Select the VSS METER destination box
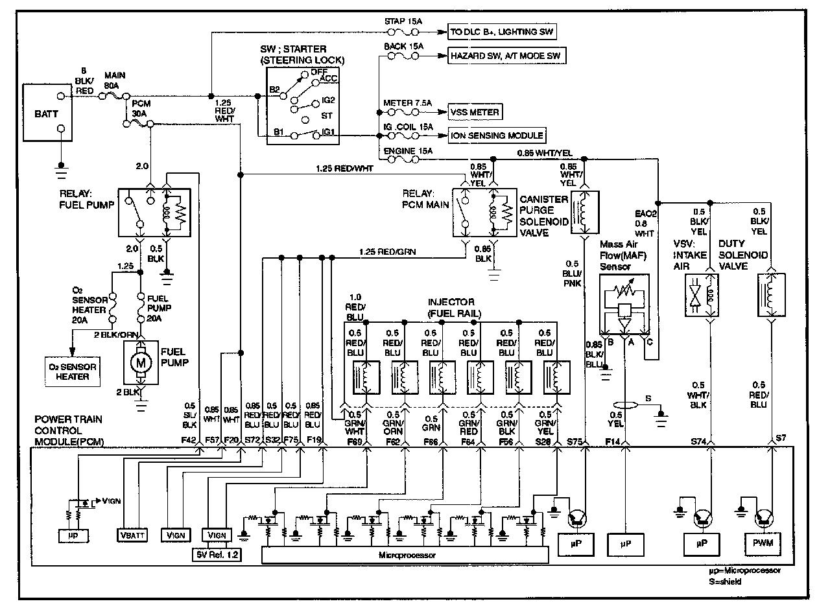pos(475,112)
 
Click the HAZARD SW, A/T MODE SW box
pos(504,56)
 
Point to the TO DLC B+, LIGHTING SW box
pos(503,30)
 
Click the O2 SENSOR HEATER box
pos(72,371)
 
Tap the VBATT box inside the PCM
pos(134,535)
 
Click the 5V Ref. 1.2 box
pos(216,555)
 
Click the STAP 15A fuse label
pos(403,21)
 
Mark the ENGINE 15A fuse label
pos(407,150)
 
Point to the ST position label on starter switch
pos(328,117)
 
